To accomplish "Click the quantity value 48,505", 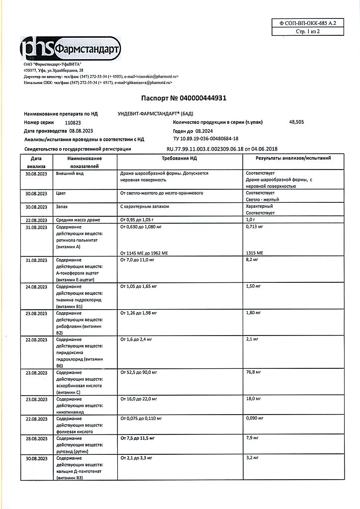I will coord(297,122).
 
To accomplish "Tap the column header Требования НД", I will coord(180,158).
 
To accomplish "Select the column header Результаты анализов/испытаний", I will coord(293,158).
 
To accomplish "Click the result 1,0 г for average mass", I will coord(251,220).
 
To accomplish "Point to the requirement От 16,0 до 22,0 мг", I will coord(139,399).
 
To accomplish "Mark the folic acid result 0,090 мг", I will coord(255,419).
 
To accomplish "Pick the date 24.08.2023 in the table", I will coord(36,286).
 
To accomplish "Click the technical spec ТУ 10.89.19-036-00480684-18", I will coord(206,140).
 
